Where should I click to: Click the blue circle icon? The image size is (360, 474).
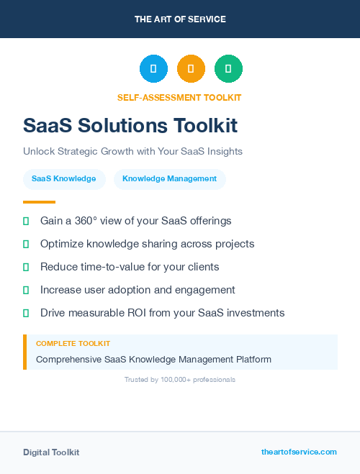pyautogui.click(x=153, y=68)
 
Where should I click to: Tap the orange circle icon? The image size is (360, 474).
pyautogui.click(x=191, y=68)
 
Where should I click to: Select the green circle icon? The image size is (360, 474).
pyautogui.click(x=228, y=68)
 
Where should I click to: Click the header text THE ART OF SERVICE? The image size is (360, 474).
pyautogui.click(x=180, y=19)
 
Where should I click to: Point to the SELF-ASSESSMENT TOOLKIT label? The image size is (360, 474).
pyautogui.click(x=179, y=97)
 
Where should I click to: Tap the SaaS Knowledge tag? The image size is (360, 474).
pyautogui.click(x=64, y=178)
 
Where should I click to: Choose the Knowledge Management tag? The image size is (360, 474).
pyautogui.click(x=169, y=178)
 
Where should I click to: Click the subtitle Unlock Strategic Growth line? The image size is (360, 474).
pyautogui.click(x=132, y=152)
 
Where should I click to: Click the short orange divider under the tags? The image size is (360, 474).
pyautogui.click(x=39, y=202)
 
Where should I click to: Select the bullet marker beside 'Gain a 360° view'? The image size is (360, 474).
pyautogui.click(x=26, y=221)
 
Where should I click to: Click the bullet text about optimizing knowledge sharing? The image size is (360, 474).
pyautogui.click(x=147, y=244)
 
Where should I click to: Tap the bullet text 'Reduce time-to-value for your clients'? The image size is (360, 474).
pyautogui.click(x=130, y=267)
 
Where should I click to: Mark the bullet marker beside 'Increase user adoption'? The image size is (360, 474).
pyautogui.click(x=26, y=290)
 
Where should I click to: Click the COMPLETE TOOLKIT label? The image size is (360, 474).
pyautogui.click(x=73, y=344)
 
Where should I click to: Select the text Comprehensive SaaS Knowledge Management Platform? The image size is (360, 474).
pyautogui.click(x=153, y=359)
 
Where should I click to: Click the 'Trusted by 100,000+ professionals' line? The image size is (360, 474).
pyautogui.click(x=180, y=379)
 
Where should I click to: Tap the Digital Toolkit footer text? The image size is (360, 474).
pyautogui.click(x=51, y=452)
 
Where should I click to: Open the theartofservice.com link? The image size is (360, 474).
pyautogui.click(x=299, y=452)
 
